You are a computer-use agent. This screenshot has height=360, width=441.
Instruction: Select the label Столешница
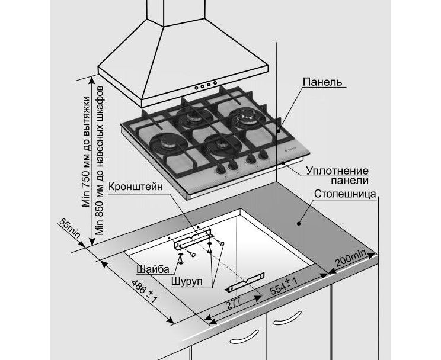pos(346,194)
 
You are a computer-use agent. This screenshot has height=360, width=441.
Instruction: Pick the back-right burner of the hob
pos(245,117)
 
